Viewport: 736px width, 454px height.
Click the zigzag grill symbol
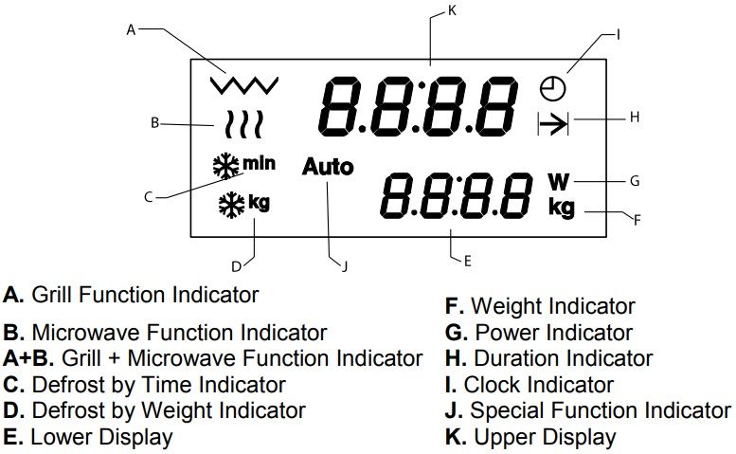pyautogui.click(x=244, y=84)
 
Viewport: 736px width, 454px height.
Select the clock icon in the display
pyautogui.click(x=552, y=88)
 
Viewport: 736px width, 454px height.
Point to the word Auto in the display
pyautogui.click(x=328, y=167)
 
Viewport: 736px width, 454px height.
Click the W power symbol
pyautogui.click(x=560, y=180)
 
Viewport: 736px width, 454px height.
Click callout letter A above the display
pyautogui.click(x=132, y=29)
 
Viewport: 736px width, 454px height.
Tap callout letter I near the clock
pyautogui.click(x=618, y=34)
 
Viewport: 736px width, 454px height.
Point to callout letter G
pyautogui.click(x=636, y=179)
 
